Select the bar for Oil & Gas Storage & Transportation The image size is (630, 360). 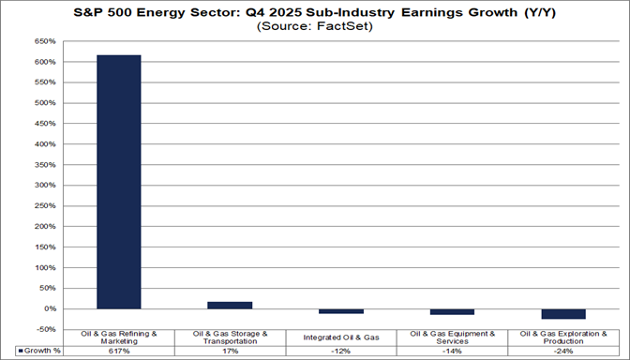(230, 305)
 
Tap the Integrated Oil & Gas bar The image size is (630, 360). (341, 311)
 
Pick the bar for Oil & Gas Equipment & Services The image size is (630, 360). (452, 311)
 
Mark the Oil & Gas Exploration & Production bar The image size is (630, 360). (562, 314)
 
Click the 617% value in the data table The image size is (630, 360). (118, 350)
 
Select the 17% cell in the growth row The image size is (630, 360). (230, 350)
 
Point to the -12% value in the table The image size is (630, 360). (341, 350)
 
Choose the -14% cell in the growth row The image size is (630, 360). (452, 350)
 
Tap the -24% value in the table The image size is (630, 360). (562, 350)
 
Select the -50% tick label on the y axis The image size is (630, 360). (45, 328)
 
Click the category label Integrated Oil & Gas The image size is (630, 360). (341, 336)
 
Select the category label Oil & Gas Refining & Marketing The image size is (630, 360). (118, 336)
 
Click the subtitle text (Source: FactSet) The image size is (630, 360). (315, 27)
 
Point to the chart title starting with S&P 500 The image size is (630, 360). (315, 12)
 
